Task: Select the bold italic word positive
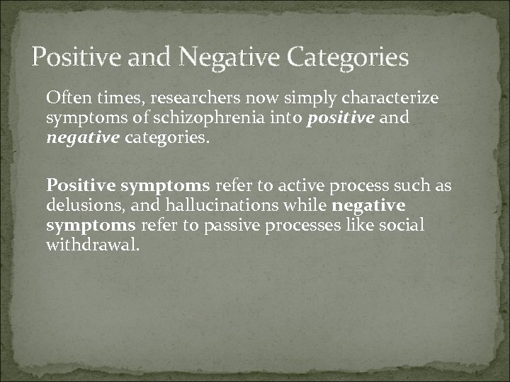[x=340, y=117]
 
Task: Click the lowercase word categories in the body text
[x=168, y=137]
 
